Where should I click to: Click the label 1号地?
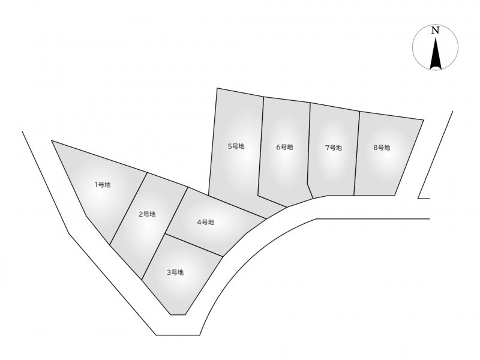(103, 185)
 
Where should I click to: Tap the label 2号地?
(147, 214)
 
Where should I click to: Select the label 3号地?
(175, 272)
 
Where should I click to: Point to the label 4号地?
(205, 222)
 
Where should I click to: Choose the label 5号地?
(236, 146)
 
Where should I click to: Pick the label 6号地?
(284, 147)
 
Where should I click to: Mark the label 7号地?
(334, 148)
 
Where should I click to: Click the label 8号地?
(382, 148)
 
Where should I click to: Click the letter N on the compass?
(435, 31)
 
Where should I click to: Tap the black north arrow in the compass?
(436, 53)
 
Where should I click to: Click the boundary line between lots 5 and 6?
(261, 146)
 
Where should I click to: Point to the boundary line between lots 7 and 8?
(356, 154)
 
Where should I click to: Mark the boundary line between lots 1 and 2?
(128, 209)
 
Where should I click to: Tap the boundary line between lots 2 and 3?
(154, 257)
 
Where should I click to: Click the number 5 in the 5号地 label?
(230, 146)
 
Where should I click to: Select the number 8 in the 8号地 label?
(376, 148)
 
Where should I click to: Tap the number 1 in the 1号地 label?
(96, 185)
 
